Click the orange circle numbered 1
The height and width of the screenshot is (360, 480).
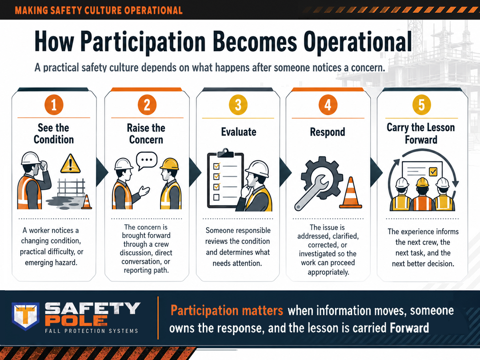tap(54, 105)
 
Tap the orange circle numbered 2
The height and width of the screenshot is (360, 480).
tap(147, 105)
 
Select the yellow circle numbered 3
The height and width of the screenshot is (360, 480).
tap(238, 105)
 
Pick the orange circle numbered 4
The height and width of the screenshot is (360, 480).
tap(328, 105)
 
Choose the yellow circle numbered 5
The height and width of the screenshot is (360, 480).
tap(421, 105)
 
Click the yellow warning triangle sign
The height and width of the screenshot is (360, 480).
tap(70, 164)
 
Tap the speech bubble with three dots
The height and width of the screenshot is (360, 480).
tap(147, 161)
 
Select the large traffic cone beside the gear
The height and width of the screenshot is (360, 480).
tap(351, 193)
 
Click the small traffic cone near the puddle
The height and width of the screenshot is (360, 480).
tap(87, 202)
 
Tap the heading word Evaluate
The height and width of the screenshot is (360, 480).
tap(239, 132)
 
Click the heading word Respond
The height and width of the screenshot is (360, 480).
tap(328, 132)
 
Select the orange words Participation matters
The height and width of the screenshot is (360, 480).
tap(227, 310)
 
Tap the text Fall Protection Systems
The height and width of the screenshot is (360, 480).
tap(92, 331)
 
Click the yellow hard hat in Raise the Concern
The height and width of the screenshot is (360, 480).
tap(169, 164)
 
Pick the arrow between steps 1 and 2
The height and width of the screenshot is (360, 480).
tap(102, 172)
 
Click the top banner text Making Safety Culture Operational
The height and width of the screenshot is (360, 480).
tap(99, 10)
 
